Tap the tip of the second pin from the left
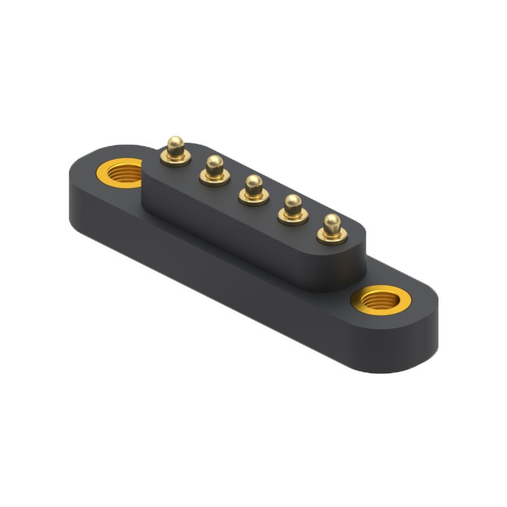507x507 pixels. [215, 162]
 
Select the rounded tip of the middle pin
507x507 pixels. [253, 182]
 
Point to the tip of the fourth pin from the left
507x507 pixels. [293, 202]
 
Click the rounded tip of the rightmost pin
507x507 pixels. [331, 221]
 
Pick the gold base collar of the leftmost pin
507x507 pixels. [176, 158]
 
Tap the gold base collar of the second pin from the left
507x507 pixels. [215, 178]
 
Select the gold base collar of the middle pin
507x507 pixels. [253, 198]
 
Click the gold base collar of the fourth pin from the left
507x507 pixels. [293, 217]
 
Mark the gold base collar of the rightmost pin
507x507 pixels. [331, 237]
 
